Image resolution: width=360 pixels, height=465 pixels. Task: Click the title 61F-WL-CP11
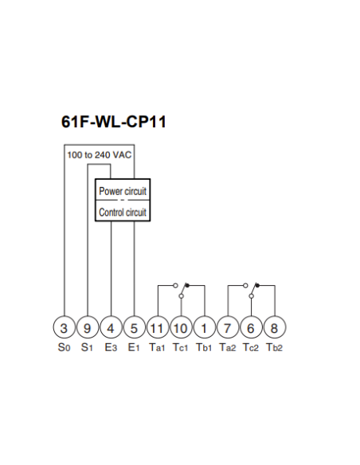coord(114,122)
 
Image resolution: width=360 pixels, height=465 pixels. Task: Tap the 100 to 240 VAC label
coord(100,154)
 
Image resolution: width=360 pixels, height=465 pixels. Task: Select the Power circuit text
coord(123,191)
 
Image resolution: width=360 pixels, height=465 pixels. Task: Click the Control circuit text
coord(123,213)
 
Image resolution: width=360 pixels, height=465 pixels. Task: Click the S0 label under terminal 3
coord(64,347)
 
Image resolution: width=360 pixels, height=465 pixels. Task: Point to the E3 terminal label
coord(111,347)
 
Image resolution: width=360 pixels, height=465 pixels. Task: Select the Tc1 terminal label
coord(181,347)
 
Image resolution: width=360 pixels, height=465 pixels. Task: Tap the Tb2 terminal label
coord(274,347)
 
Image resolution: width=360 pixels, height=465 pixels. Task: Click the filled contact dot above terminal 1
coord(187,285)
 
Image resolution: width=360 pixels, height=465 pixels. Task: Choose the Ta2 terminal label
coord(228,347)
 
